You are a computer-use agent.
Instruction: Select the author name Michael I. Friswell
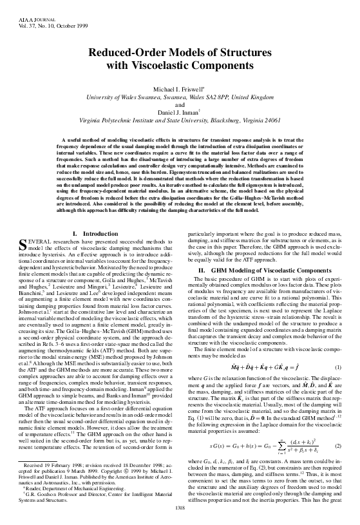[179, 88]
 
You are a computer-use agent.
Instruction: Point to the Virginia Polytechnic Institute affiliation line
[180, 119]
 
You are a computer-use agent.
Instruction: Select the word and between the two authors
[180, 104]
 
